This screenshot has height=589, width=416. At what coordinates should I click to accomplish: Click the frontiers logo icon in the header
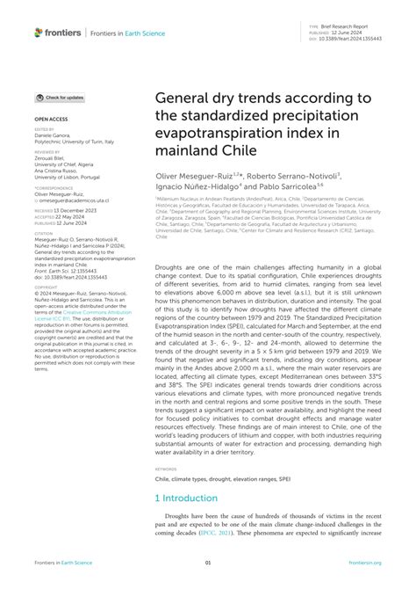[x=40, y=33]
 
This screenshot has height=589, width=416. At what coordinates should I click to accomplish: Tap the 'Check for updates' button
[x=61, y=98]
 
